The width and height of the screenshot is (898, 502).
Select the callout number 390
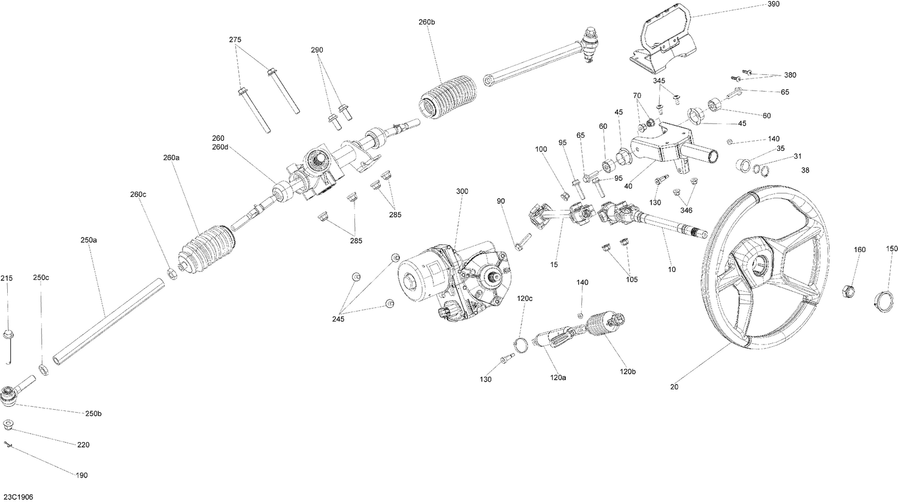(773, 4)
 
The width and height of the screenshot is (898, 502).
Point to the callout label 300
(462, 191)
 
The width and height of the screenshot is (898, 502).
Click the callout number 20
(675, 386)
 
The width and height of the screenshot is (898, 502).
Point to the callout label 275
(235, 40)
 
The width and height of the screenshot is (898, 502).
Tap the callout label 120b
(628, 371)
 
